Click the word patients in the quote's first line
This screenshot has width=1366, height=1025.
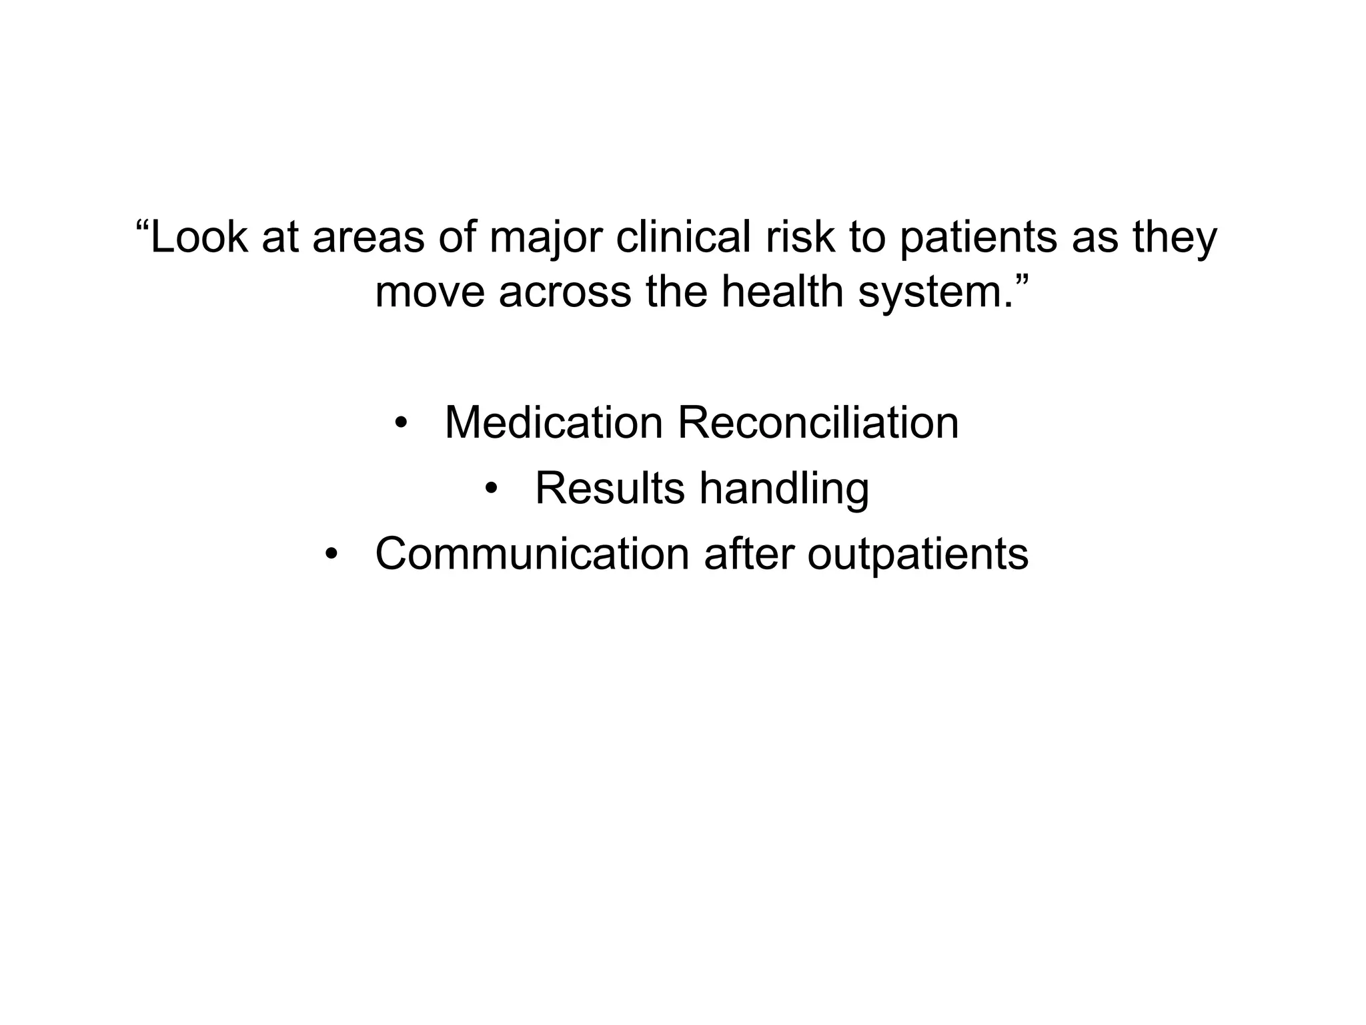click(978, 238)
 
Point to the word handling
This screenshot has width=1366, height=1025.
click(784, 489)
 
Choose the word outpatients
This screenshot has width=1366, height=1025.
click(918, 555)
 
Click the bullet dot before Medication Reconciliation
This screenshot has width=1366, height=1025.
click(400, 423)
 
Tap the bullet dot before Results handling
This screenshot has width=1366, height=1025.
click(492, 488)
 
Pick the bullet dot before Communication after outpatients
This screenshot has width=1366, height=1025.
click(331, 554)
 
